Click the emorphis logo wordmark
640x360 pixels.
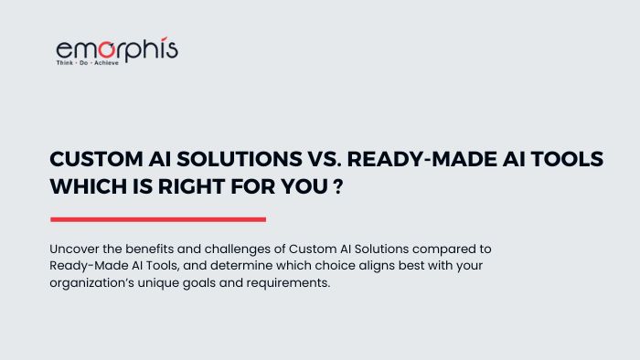click(x=116, y=48)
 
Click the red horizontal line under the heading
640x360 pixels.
click(x=157, y=219)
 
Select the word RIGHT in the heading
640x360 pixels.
click(x=197, y=185)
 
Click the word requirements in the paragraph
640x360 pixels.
click(x=294, y=283)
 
